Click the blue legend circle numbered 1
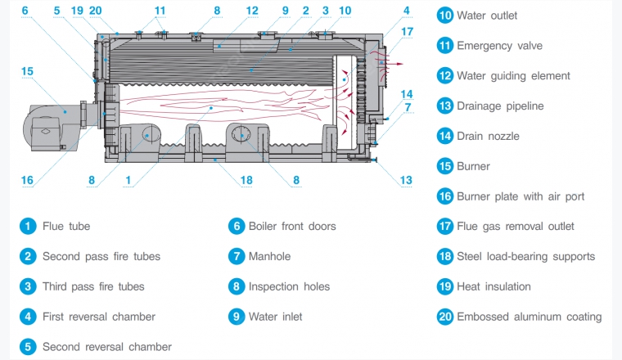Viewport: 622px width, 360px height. coord(28,226)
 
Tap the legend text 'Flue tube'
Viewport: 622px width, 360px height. coord(66,226)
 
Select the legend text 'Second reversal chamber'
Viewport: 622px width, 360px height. coord(107,347)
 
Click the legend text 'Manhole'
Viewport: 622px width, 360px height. coord(269,256)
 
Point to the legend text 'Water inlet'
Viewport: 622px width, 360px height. coord(276,317)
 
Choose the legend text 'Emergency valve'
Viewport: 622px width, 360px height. coord(499,46)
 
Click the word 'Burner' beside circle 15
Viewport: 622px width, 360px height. coord(473,166)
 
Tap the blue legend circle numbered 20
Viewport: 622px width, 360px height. coord(444,317)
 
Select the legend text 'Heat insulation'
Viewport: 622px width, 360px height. coord(494,286)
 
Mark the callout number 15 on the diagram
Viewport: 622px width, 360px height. coord(27,72)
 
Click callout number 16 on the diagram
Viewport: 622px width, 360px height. coord(27,180)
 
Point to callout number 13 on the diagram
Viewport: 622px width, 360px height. coord(407,180)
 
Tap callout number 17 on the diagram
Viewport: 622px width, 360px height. coord(407,32)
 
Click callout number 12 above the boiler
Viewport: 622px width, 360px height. coord(251,11)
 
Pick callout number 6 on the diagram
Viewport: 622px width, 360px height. coord(25,11)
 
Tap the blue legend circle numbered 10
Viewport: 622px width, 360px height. coord(444,16)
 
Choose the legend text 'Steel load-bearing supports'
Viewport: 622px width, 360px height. coord(525,256)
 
